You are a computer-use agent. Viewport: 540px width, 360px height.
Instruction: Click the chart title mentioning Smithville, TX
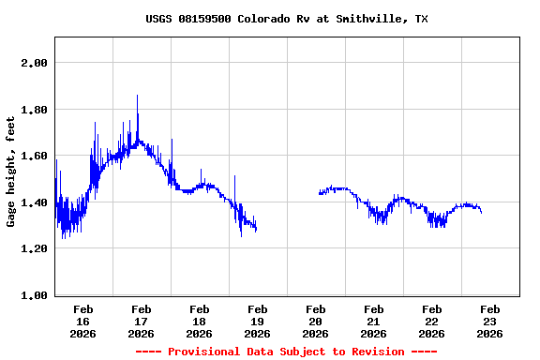click(x=287, y=19)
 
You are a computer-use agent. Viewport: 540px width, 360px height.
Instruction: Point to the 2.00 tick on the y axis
click(x=35, y=63)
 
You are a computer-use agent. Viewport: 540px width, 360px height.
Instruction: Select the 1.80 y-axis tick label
click(x=35, y=110)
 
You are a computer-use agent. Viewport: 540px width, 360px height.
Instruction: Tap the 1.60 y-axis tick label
click(x=35, y=156)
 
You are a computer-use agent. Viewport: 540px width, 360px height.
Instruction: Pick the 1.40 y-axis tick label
click(x=35, y=202)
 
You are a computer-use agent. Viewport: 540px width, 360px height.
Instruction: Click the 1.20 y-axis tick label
click(x=35, y=248)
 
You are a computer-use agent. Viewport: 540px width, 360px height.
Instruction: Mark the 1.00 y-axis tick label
click(x=35, y=295)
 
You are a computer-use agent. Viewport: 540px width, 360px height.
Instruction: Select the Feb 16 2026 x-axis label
click(x=82, y=321)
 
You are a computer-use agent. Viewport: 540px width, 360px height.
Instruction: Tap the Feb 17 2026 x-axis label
click(x=141, y=321)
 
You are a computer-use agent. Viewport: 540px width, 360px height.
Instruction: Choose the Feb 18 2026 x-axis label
click(x=199, y=321)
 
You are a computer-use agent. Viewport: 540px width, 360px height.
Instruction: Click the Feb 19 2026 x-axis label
click(x=257, y=321)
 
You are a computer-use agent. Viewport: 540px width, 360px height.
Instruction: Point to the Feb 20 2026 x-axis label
click(x=315, y=321)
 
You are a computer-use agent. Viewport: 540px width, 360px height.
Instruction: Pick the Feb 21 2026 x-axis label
click(x=373, y=321)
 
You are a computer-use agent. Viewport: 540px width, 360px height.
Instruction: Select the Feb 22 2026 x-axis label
click(x=431, y=321)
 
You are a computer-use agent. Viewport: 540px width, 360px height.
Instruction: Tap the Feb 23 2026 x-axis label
click(x=489, y=321)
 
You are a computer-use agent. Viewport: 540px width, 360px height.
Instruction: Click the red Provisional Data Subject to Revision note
click(x=286, y=352)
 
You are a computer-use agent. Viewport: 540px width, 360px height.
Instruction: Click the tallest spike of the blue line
click(x=137, y=96)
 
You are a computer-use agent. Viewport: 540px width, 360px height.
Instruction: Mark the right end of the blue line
click(x=481, y=213)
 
